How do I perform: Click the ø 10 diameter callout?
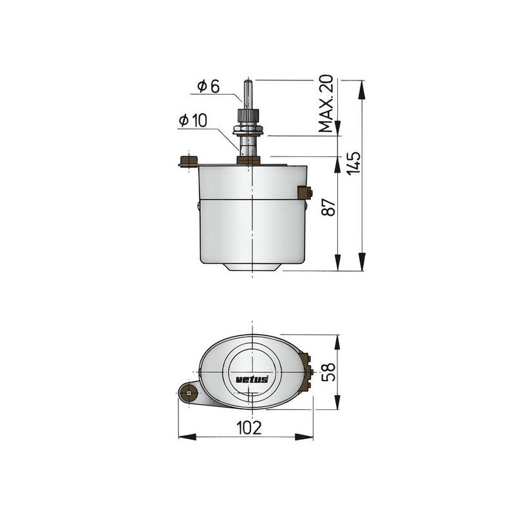[x=193, y=120]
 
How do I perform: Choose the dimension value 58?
[x=328, y=371]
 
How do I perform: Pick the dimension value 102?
[x=248, y=427]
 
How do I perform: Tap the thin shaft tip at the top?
[x=248, y=90]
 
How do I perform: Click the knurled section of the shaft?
[x=248, y=116]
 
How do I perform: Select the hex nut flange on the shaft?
[x=248, y=131]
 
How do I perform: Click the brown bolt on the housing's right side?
[x=305, y=192]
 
